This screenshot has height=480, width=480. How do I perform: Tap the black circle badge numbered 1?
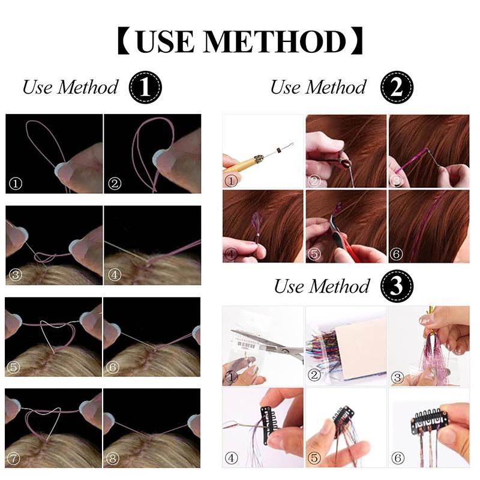click(x=145, y=87)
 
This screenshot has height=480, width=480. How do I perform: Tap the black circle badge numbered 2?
click(x=397, y=87)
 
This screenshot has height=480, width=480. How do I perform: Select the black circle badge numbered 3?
click(x=397, y=286)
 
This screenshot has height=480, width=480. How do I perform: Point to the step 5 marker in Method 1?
click(x=13, y=367)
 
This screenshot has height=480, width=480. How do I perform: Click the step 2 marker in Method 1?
click(x=115, y=184)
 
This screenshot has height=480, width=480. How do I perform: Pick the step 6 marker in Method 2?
click(x=396, y=254)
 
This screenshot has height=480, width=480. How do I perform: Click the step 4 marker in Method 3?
click(x=231, y=458)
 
